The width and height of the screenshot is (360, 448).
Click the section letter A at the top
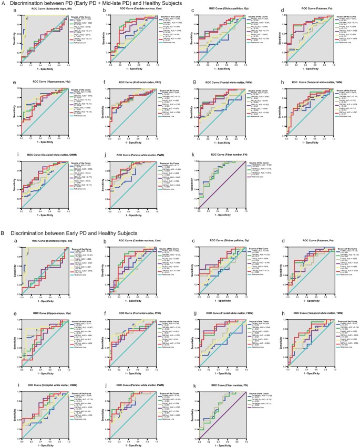pos(4,3)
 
